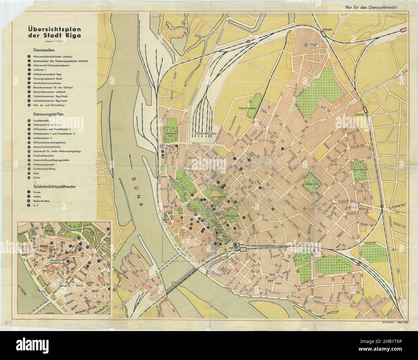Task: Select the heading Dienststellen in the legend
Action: tap(43, 50)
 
